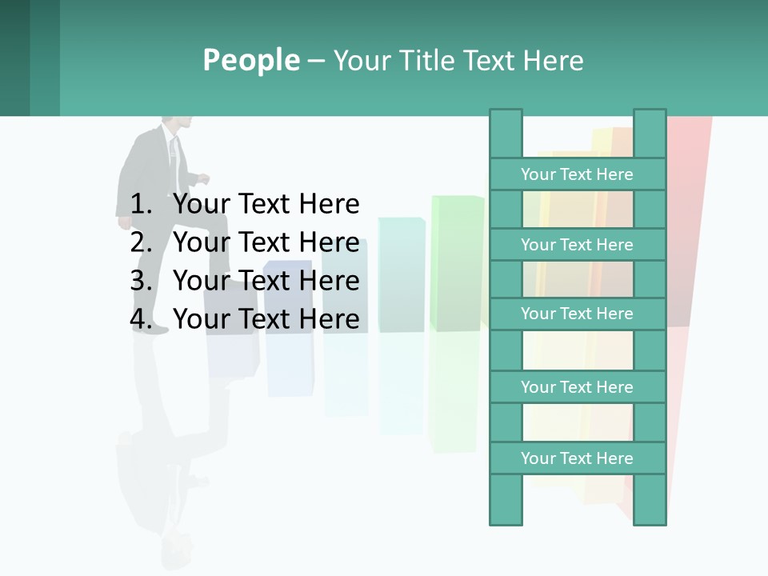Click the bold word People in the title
pos(250,60)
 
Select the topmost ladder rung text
pos(577,174)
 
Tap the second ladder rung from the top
pos(577,245)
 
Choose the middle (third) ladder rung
pos(577,314)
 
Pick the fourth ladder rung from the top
pos(577,387)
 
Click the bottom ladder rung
pos(577,458)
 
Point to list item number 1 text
pos(266,204)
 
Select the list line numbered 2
pos(266,242)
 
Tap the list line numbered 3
pos(266,281)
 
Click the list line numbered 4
pos(266,319)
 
